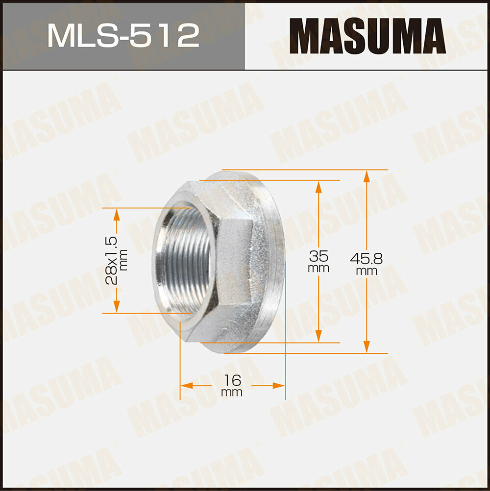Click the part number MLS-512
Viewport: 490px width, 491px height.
pos(123,35)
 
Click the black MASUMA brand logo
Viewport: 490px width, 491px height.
pos(367,35)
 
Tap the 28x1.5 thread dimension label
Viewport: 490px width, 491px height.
pos(112,260)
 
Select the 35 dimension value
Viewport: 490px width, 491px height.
pos(318,256)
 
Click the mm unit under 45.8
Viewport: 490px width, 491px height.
pos(367,270)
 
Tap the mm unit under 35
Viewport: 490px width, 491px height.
pos(318,269)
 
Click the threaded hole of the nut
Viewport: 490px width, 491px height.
pos(184,260)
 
